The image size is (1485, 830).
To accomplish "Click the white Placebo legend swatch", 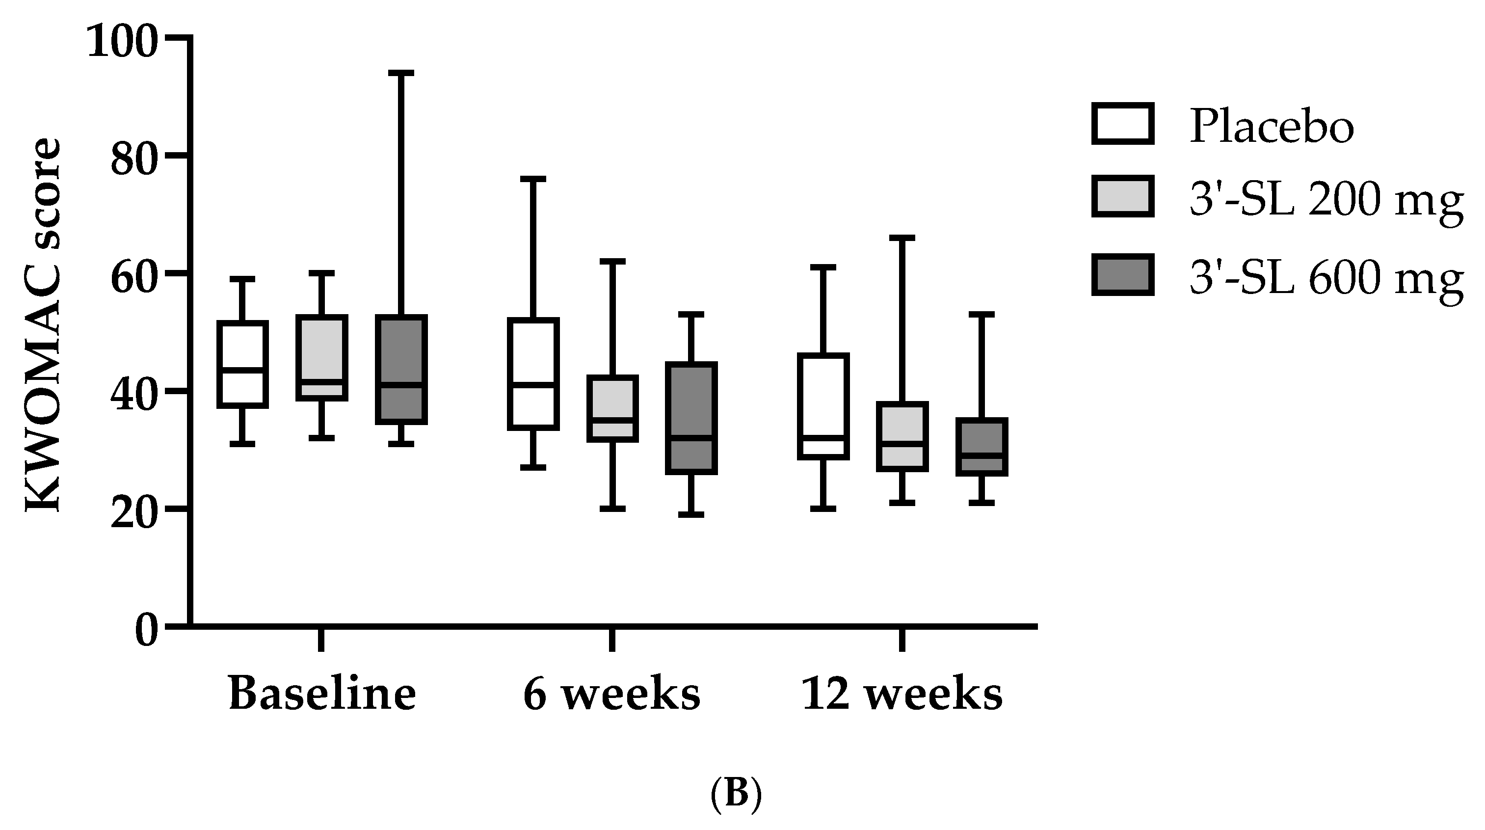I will [x=1123, y=123].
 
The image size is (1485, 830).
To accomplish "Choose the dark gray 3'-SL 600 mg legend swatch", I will [x=1123, y=274].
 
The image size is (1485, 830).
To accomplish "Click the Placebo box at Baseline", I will [x=243, y=364].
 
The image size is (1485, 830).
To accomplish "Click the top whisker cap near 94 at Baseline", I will [x=401, y=74].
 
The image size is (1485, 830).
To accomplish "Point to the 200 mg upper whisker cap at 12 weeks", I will [x=902, y=238].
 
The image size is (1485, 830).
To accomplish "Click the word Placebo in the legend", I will [x=1272, y=126].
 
